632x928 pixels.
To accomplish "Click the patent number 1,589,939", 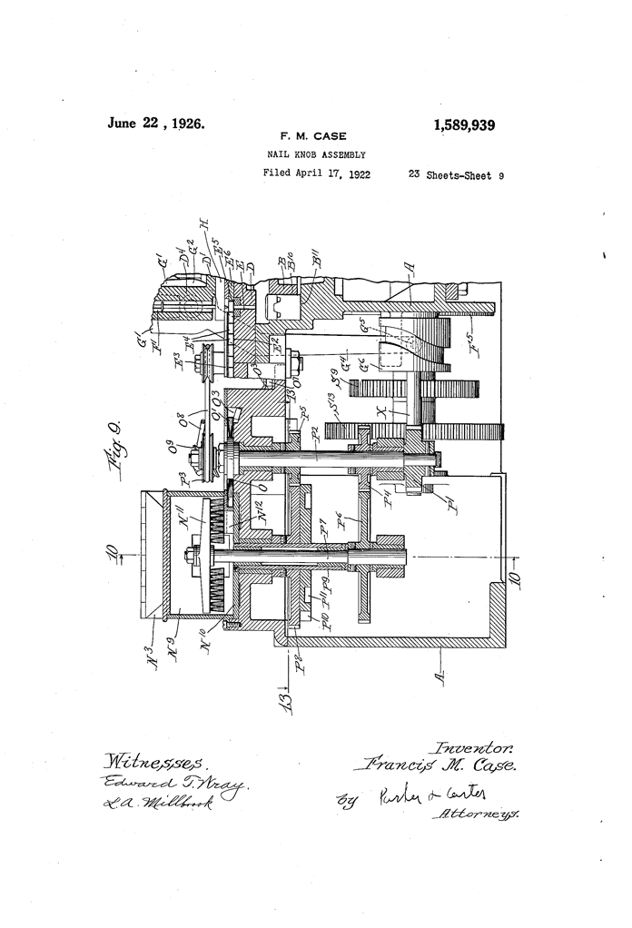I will click(x=452, y=126).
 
